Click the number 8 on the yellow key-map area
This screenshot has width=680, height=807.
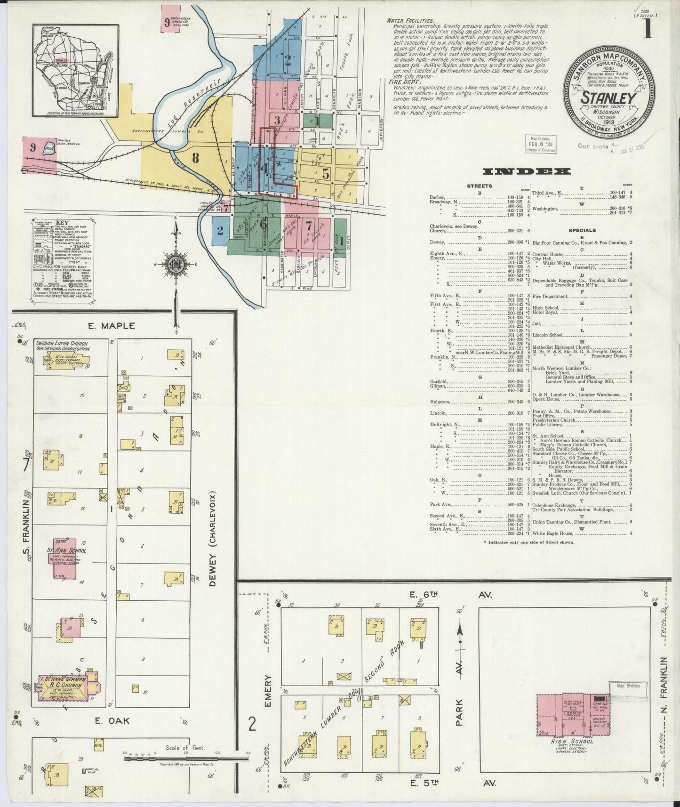195,158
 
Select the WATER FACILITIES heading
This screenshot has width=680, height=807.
410,21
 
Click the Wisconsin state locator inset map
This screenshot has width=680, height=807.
75,70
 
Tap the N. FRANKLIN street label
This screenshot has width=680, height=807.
664,687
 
